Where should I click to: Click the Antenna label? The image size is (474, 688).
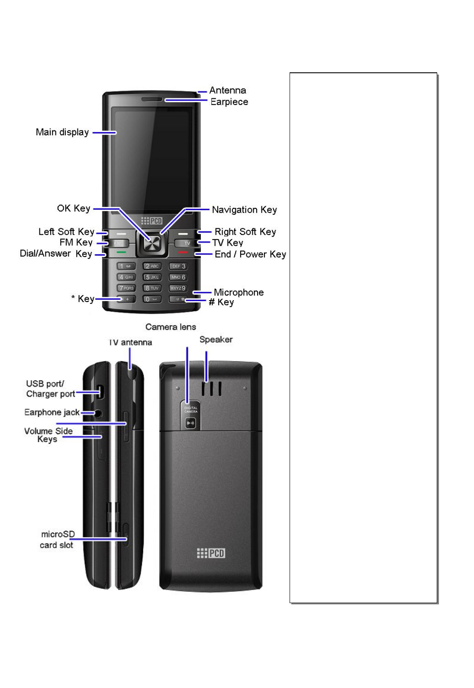point(227,91)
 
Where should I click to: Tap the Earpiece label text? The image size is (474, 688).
point(229,102)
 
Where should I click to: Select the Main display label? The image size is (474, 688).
point(62,132)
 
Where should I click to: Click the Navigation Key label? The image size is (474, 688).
point(244,210)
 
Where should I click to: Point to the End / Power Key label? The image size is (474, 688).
point(250,254)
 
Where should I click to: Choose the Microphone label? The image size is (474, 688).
point(239,292)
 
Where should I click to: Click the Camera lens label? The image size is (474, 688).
point(171,327)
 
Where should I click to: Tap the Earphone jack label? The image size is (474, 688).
point(52,412)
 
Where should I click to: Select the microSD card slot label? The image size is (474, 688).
point(57,540)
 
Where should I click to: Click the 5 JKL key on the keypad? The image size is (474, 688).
point(152,277)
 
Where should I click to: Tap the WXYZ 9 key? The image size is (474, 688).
point(178,288)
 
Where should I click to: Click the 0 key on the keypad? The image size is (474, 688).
point(152,299)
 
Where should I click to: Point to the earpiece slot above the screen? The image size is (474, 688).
point(152,100)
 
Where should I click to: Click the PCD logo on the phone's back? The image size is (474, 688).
point(211,553)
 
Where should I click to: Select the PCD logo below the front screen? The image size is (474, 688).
point(152,221)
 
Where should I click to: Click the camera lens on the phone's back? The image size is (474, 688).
point(190,423)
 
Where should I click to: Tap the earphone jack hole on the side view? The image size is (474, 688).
point(98,413)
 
